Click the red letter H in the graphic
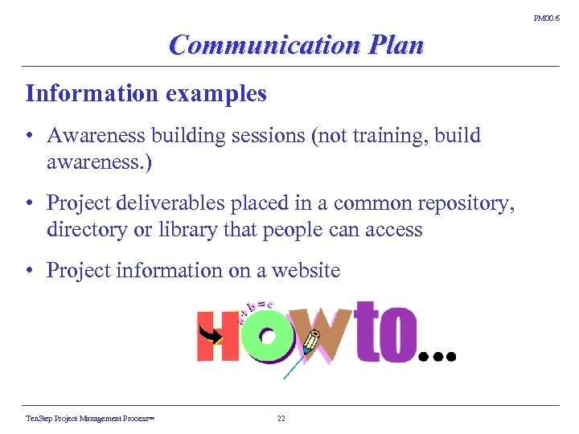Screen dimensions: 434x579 click(216, 338)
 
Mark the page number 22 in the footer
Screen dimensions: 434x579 click(281, 419)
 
